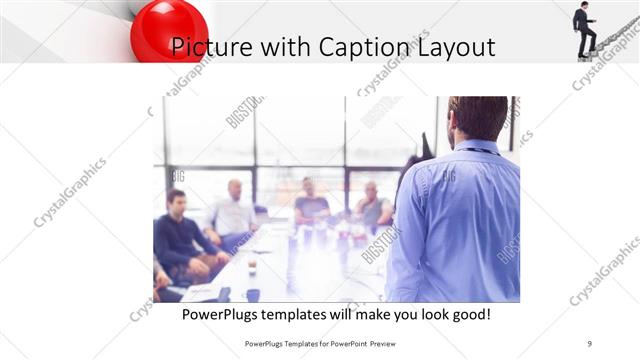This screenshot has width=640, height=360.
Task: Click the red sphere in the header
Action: coord(168,29)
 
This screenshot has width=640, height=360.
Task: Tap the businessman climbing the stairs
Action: coord(584,28)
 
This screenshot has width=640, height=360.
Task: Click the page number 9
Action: coord(590,343)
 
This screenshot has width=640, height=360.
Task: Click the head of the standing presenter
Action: coord(477,119)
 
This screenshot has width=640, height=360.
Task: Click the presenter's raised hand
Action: coord(426,147)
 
